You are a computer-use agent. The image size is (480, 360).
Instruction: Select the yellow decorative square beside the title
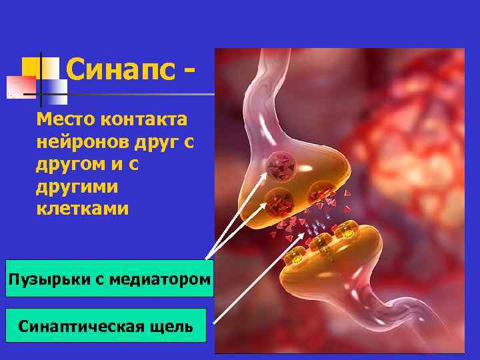(x=32, y=67)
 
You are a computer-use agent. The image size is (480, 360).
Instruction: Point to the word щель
(x=173, y=327)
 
